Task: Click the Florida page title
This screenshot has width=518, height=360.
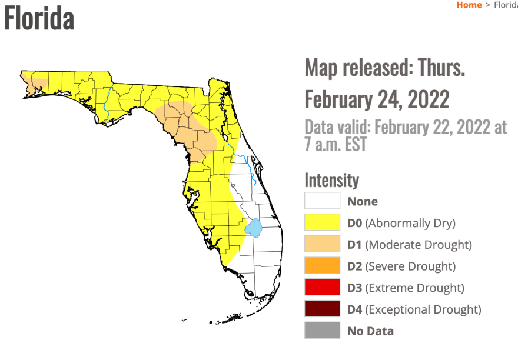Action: (39, 18)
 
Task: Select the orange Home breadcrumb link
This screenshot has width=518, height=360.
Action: (469, 5)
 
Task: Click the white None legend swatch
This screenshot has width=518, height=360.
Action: (322, 201)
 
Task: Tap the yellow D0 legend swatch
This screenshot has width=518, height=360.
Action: (322, 223)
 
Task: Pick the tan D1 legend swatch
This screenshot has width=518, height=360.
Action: (322, 244)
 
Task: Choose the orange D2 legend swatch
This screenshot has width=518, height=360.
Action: (322, 266)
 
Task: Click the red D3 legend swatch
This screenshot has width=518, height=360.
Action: (322, 288)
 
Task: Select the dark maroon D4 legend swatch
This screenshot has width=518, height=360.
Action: (322, 309)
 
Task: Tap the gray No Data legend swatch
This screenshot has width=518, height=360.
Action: (322, 331)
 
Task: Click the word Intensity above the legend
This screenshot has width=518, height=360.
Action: (331, 179)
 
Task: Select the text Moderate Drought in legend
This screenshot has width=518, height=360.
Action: (419, 245)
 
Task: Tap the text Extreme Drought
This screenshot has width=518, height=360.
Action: (415, 288)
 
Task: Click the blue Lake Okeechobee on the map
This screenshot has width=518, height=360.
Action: (254, 227)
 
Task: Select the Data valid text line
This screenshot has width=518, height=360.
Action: (406, 135)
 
